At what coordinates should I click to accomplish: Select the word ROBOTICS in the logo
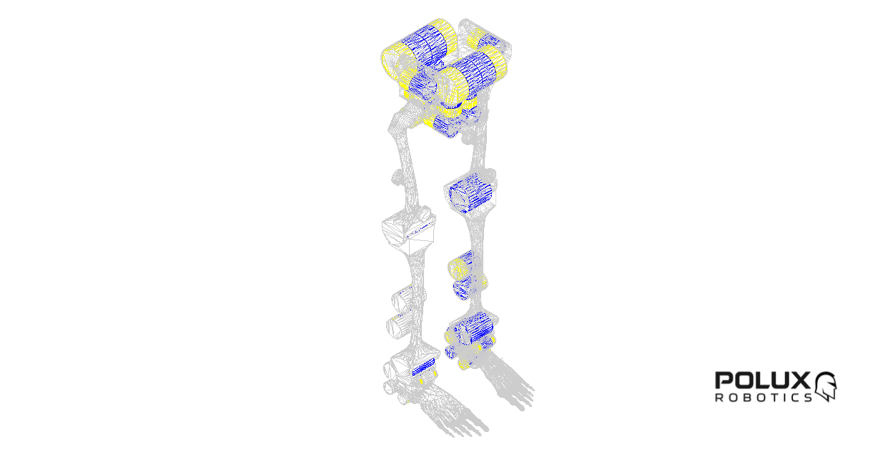tap(764, 397)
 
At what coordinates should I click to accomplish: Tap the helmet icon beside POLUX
tap(826, 386)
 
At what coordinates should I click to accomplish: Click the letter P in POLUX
tap(724, 380)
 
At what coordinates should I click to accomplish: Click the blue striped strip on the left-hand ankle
tap(423, 368)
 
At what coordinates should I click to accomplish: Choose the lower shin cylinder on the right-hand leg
tap(469, 287)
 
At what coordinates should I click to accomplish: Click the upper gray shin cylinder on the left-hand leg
tap(403, 299)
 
